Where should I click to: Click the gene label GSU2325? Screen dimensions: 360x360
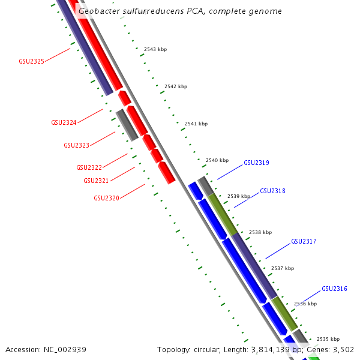31,61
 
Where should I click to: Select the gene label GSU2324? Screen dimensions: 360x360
64,122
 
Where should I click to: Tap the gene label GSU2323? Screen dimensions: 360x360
76,145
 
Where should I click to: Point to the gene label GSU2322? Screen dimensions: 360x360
89,167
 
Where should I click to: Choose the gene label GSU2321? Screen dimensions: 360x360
96,181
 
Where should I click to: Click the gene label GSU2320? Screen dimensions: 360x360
106,198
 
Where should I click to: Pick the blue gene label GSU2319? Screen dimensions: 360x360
256,163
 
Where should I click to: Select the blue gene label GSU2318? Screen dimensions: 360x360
272,191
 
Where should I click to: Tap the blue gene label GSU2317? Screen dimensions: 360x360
304,241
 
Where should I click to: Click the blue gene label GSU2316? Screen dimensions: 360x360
334,289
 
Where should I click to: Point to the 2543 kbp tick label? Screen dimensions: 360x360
155,49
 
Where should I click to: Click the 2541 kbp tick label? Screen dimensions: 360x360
196,124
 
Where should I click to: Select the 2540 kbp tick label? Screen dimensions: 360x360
217,160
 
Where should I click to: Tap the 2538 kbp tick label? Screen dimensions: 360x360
260,232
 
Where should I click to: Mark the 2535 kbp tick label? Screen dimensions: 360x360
328,339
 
